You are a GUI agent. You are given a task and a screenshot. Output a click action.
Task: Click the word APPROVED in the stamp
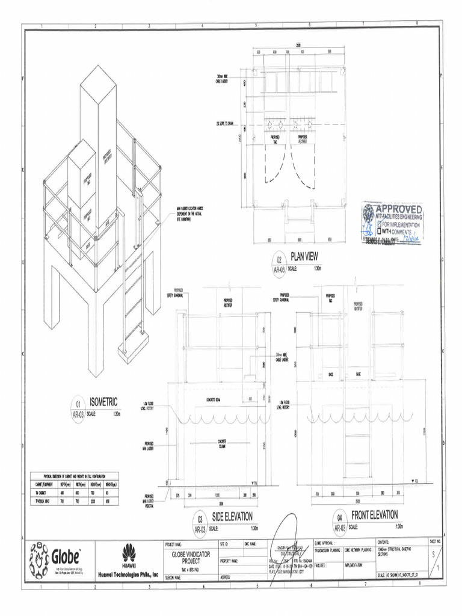399,209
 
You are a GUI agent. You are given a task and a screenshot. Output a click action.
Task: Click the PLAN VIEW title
304,256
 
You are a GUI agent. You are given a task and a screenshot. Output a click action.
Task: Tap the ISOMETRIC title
103,401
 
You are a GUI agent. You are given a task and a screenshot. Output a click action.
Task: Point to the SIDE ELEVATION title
232,517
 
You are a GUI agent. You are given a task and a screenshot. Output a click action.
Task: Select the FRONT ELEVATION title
374,515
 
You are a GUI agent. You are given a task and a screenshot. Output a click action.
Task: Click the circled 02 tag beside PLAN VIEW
280,260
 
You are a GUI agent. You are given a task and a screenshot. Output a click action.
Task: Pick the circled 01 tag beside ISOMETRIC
78,405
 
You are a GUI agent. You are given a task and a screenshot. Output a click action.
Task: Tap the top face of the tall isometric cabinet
98,81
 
